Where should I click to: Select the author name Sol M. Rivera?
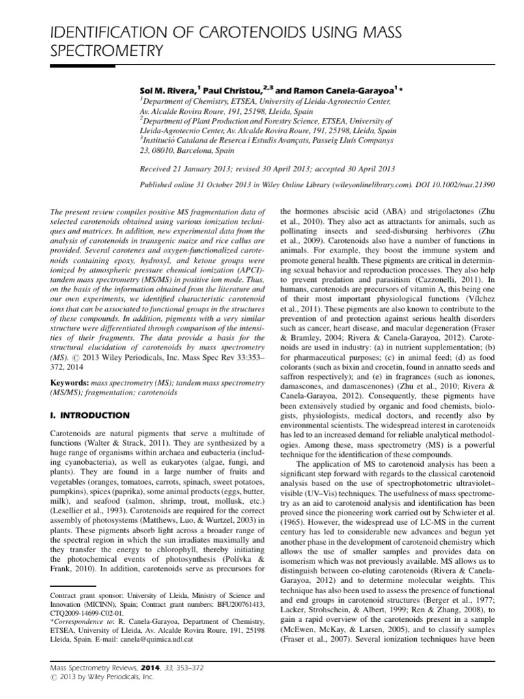click(x=166, y=89)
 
